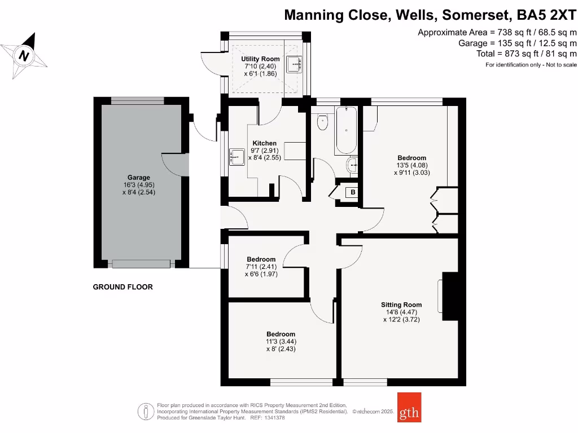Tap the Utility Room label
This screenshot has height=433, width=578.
260,59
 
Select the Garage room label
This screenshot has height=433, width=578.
138,178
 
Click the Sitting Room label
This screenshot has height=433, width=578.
401,305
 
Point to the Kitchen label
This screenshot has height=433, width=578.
264,143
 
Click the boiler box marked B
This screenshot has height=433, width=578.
353,193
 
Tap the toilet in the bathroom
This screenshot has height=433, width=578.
322,122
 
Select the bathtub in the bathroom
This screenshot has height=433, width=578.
345,130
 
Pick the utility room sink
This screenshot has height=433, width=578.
295,64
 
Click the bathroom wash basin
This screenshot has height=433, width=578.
352,166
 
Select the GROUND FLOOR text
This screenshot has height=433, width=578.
122,287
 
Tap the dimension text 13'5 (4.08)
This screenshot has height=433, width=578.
411,166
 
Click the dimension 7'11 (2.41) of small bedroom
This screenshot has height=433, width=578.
261,267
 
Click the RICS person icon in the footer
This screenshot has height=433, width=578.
146,411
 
